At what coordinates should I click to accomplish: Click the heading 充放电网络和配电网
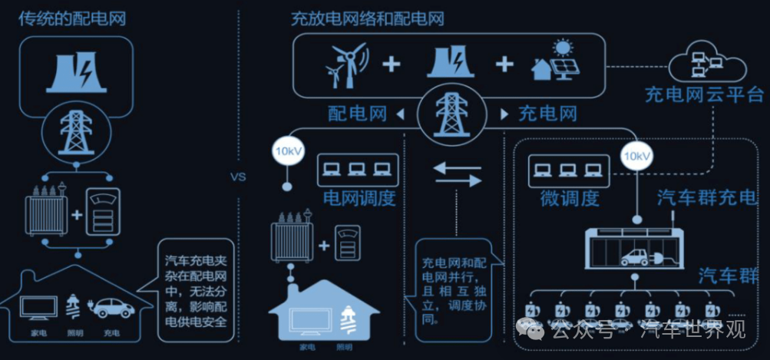pos(367,18)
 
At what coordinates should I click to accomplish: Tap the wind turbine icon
pos(347,63)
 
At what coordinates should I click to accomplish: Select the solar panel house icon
pos(555,61)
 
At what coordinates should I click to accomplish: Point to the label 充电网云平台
pos(703,95)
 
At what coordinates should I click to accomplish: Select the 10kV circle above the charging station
pos(636,157)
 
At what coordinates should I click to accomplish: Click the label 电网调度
pos(359,198)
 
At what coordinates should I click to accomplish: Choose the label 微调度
pos(568,198)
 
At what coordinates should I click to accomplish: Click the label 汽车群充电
pos(706,198)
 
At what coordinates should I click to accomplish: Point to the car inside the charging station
pos(635,256)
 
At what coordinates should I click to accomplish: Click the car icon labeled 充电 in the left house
pos(112,309)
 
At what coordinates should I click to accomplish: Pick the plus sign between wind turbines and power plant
pos(392,63)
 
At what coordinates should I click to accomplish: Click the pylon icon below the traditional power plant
pos(76,131)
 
